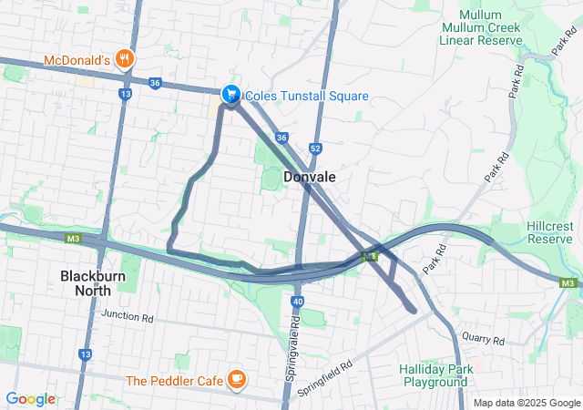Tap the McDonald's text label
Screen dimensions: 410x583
coord(77,61)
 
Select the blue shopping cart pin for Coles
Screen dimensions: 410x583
coord(231,94)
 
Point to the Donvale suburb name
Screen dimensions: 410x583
coord(310,177)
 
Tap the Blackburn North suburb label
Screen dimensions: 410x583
coord(86,282)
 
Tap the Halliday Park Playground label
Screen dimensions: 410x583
coord(434,375)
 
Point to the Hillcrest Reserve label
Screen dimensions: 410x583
coord(549,231)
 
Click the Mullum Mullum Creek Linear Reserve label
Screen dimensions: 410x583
coord(480,28)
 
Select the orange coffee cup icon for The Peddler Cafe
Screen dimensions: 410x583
coord(237,378)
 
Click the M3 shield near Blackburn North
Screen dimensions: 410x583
coord(73,239)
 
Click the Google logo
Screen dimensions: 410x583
coord(30,399)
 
